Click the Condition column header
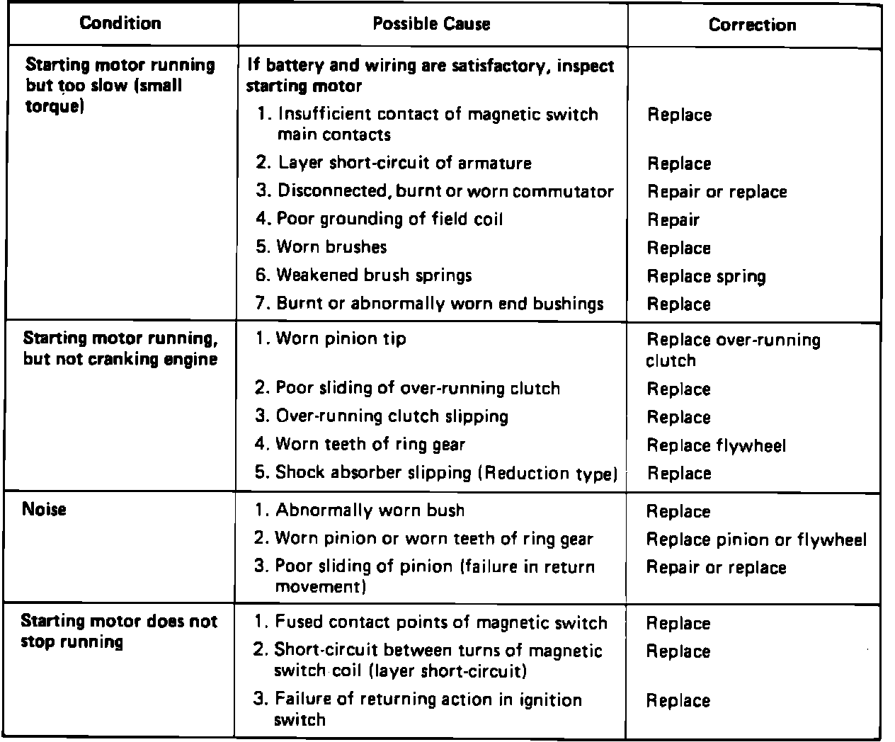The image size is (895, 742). pyautogui.click(x=120, y=23)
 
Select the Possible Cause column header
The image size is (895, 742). pyautogui.click(x=431, y=24)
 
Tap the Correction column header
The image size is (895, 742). pyautogui.click(x=752, y=25)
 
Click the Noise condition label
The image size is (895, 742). pyautogui.click(x=44, y=509)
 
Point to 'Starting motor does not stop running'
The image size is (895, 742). pyautogui.click(x=119, y=632)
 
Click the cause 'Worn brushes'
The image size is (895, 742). pyautogui.click(x=331, y=247)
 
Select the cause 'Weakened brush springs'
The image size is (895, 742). pyautogui.click(x=374, y=275)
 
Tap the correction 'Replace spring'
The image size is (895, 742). pyautogui.click(x=706, y=276)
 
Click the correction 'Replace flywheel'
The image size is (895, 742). pyautogui.click(x=716, y=445)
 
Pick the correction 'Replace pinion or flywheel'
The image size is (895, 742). pyautogui.click(x=756, y=540)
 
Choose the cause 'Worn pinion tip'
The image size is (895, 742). pyautogui.click(x=341, y=339)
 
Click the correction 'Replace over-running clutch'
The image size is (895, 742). pyautogui.click(x=733, y=350)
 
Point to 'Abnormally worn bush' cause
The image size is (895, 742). pyautogui.click(x=370, y=510)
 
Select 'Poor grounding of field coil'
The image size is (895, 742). pyautogui.click(x=389, y=219)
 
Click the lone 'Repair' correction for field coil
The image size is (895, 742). pyautogui.click(x=673, y=220)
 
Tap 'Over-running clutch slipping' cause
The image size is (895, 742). pyautogui.click(x=392, y=416)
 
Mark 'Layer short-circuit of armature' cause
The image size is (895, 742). pyautogui.click(x=404, y=163)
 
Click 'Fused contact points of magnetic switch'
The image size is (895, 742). pyautogui.click(x=440, y=623)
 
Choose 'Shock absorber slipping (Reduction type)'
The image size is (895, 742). pyautogui.click(x=446, y=473)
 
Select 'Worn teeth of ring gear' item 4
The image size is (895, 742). pyautogui.click(x=370, y=445)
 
